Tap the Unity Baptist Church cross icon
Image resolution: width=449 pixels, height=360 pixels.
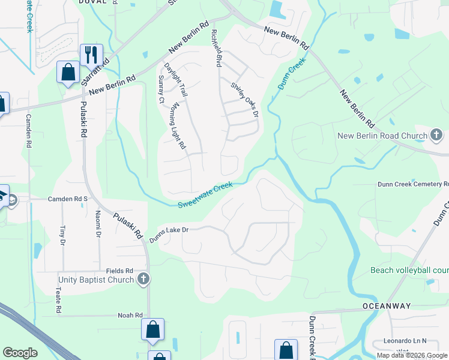pos(143,279)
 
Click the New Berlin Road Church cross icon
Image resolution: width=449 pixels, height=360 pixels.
pos(436,136)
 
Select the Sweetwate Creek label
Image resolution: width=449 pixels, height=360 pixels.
pos(205,196)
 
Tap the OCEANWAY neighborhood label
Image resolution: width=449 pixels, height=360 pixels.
pos(387,306)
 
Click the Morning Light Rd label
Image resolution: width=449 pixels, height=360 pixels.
pos(178,126)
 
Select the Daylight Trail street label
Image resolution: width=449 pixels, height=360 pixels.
pos(176,80)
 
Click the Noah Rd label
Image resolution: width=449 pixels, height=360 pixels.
pos(130,315)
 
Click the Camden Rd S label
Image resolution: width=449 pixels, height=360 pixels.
pos(68,199)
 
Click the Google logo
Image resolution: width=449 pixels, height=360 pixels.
pos(20,353)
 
